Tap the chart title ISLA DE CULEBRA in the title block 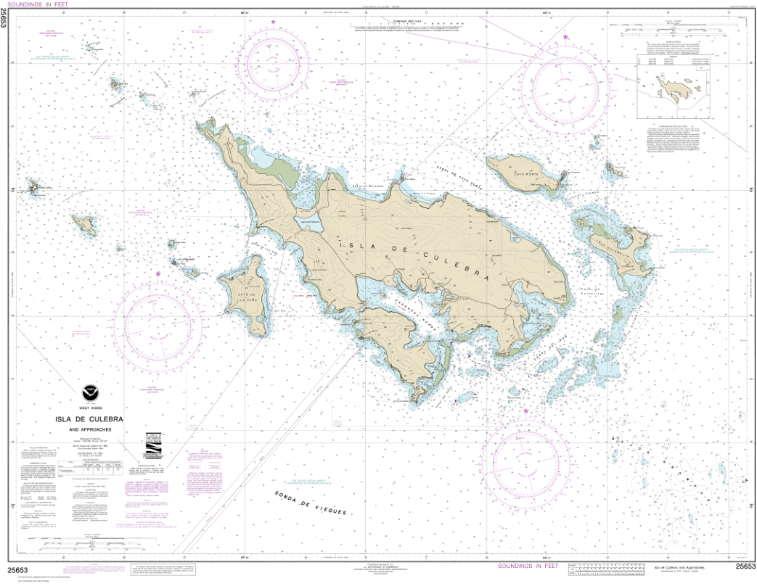click(x=90, y=419)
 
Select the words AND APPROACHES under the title click(x=90, y=429)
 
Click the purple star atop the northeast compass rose click(x=566, y=37)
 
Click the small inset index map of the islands click(x=671, y=90)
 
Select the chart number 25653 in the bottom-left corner click(x=18, y=569)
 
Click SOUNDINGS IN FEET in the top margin click(x=36, y=4)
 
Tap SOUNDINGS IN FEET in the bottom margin click(x=527, y=566)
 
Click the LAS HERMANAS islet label click(x=186, y=260)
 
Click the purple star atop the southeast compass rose click(x=527, y=411)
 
